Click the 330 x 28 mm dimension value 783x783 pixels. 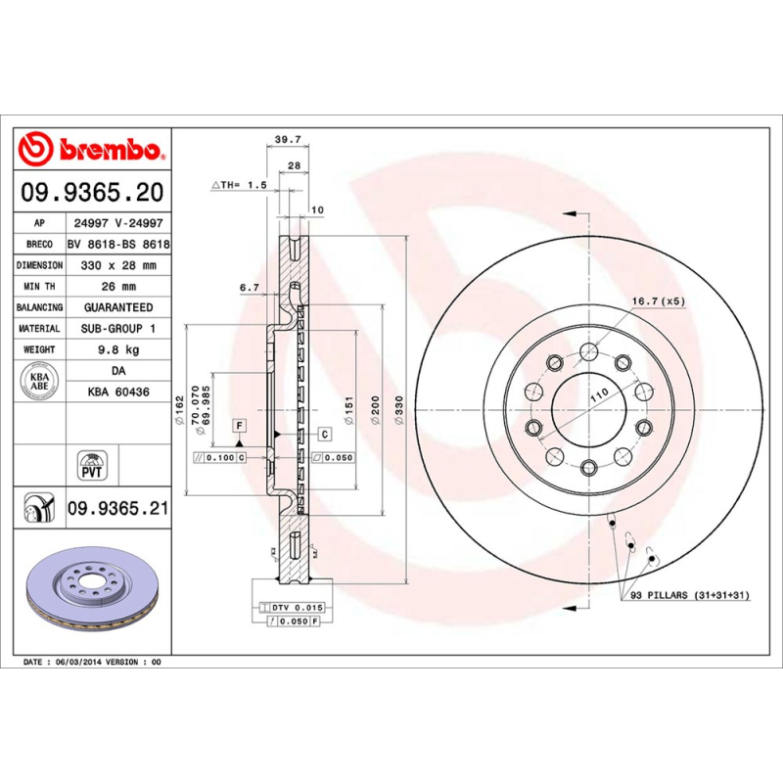(x=118, y=265)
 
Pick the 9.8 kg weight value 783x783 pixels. (x=118, y=349)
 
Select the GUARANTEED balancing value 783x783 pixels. (x=118, y=307)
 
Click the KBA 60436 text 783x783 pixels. (x=118, y=391)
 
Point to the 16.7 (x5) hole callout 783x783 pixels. (x=657, y=301)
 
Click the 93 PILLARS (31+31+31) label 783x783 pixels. (x=687, y=595)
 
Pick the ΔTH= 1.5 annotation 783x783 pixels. (x=239, y=184)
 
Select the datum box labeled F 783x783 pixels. (x=238, y=424)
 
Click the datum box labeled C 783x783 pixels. (x=323, y=433)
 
